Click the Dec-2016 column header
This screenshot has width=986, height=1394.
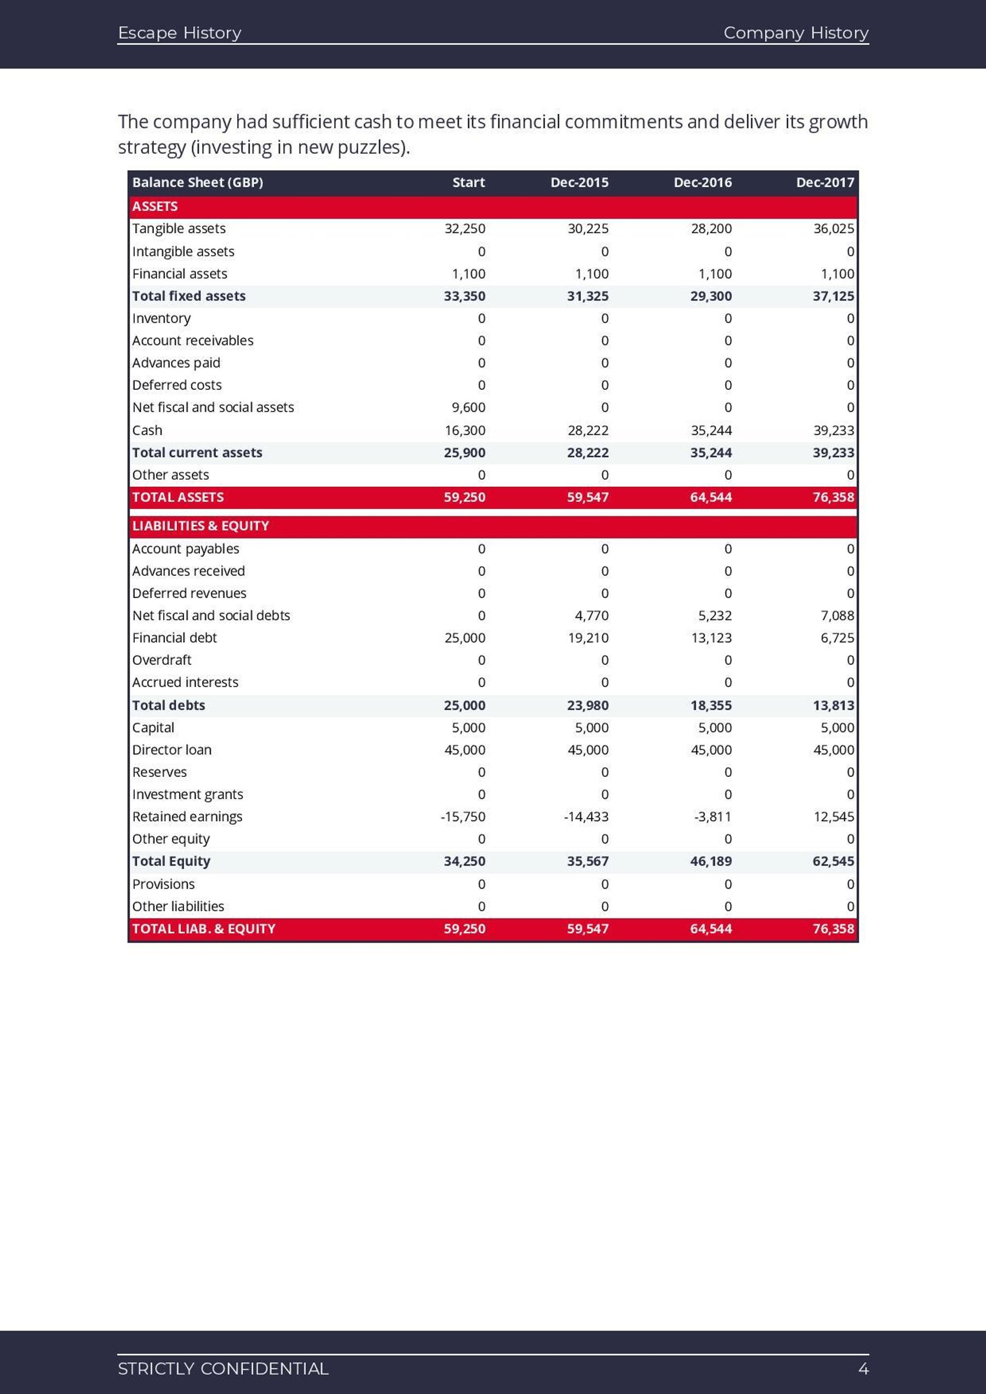[702, 182]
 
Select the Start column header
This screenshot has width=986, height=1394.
[468, 182]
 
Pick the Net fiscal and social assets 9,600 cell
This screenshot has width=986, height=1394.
[468, 407]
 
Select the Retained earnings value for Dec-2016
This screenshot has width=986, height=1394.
[713, 816]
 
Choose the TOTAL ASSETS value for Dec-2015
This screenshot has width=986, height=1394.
[587, 497]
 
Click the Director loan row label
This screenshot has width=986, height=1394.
[172, 750]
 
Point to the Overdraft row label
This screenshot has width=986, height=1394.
[162, 660]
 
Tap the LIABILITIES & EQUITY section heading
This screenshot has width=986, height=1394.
[200, 526]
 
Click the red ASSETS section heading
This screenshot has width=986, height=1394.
[155, 206]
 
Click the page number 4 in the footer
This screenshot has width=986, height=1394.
[863, 1368]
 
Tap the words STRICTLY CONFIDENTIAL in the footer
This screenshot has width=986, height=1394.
[223, 1368]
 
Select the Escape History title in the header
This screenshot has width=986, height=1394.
[179, 33]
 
